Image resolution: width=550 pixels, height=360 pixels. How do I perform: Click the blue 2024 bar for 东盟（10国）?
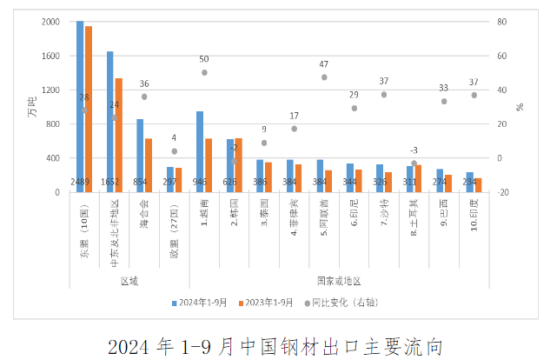tap(80, 104)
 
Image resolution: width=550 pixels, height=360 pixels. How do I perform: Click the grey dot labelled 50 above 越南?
tap(204, 72)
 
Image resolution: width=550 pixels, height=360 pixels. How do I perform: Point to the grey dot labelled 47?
tap(324, 77)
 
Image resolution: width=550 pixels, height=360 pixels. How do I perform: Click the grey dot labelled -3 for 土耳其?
tap(414, 163)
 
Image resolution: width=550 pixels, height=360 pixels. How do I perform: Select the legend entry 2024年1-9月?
tap(201, 302)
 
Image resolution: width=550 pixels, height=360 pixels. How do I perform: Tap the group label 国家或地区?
tap(338, 281)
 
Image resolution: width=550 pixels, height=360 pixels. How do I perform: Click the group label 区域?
tap(129, 281)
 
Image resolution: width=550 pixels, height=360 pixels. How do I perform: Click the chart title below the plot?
tap(275, 345)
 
